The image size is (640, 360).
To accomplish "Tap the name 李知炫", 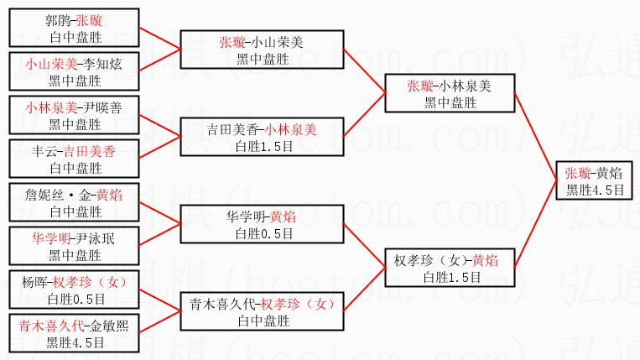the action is tap(96, 64).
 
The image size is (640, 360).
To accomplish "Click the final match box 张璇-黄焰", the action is tap(595, 180).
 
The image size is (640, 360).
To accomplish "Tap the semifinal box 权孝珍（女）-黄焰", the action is tap(449, 268).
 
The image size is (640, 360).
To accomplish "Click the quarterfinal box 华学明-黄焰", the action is tap(261, 223).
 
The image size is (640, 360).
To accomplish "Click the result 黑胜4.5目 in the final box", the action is tap(595, 190).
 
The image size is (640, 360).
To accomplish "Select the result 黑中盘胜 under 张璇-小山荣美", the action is tap(261, 57).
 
